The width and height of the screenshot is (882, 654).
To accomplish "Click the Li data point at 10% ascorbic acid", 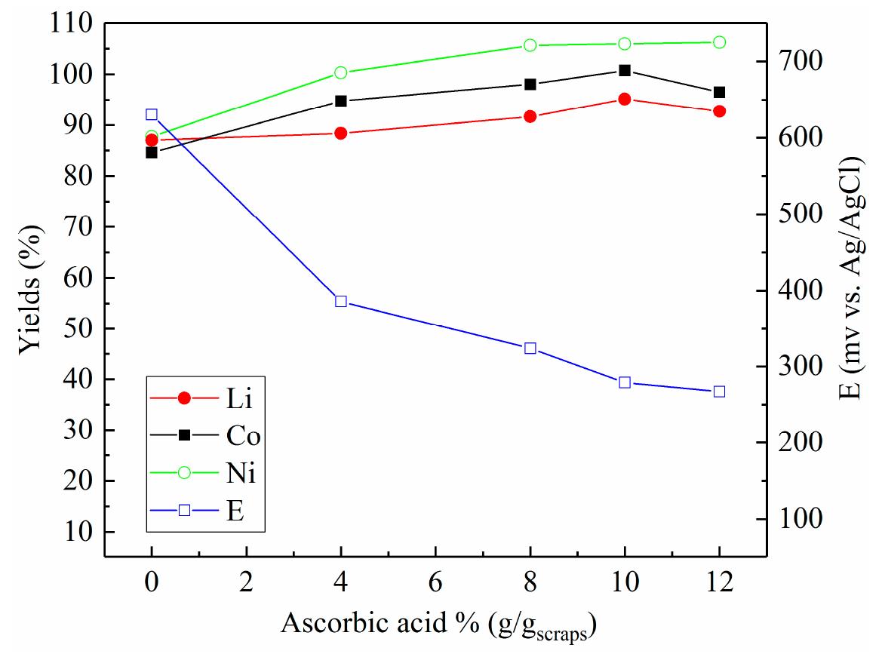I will click(624, 99).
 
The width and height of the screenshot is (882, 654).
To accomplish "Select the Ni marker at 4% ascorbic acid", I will click(340, 72).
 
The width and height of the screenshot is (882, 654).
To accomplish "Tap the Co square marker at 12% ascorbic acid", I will click(719, 92).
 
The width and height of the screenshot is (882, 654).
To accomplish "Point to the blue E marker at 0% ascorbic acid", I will click(152, 115).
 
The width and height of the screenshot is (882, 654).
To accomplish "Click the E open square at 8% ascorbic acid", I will click(530, 348).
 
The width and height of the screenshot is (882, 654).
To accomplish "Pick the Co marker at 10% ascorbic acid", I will click(624, 70).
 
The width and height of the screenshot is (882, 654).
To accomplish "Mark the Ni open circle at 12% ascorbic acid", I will click(719, 42).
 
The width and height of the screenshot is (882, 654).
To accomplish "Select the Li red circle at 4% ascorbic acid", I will click(340, 133).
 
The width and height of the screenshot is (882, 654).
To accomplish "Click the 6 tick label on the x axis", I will click(435, 585).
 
